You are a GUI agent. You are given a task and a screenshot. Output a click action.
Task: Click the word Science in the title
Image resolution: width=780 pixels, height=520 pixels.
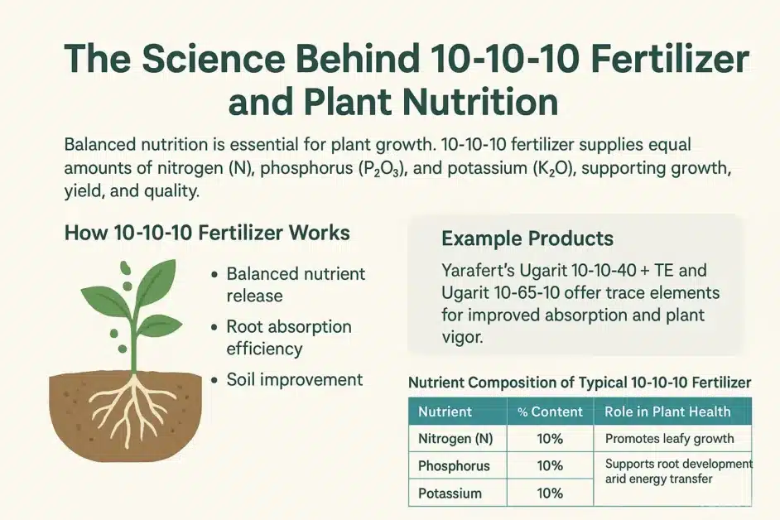214,59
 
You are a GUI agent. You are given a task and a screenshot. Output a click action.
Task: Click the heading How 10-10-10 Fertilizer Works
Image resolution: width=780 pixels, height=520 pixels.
207,233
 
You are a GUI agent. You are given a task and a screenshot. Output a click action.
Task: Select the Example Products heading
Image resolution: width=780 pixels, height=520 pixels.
527,238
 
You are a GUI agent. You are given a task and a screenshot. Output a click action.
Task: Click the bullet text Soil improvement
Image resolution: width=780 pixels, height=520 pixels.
295,380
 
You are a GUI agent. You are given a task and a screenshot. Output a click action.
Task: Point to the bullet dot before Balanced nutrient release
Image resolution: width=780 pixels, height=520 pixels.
214,275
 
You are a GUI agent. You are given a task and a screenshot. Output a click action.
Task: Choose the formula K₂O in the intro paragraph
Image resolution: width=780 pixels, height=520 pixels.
555,168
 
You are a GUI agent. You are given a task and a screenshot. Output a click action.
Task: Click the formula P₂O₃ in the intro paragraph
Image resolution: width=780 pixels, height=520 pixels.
381,169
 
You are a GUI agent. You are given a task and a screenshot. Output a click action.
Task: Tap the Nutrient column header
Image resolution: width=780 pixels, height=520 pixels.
445,412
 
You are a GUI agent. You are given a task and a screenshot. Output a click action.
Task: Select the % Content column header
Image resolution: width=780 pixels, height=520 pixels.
550,412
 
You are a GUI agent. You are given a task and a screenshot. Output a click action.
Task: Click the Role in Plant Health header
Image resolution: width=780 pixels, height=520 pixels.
667,412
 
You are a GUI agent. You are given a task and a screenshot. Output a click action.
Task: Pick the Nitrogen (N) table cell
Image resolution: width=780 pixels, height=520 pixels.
455,438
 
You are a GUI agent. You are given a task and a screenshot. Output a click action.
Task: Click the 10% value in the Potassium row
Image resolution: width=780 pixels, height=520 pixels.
550,494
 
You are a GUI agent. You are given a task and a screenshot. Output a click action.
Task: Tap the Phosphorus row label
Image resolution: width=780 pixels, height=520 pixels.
454,466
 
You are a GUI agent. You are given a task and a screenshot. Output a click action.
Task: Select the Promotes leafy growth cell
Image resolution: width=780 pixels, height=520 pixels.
670,438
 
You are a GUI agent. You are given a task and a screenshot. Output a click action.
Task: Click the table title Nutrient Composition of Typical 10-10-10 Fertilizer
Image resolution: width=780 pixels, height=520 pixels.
580,383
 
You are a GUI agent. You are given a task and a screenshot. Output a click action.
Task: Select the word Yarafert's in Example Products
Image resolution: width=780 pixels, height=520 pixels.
478,270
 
